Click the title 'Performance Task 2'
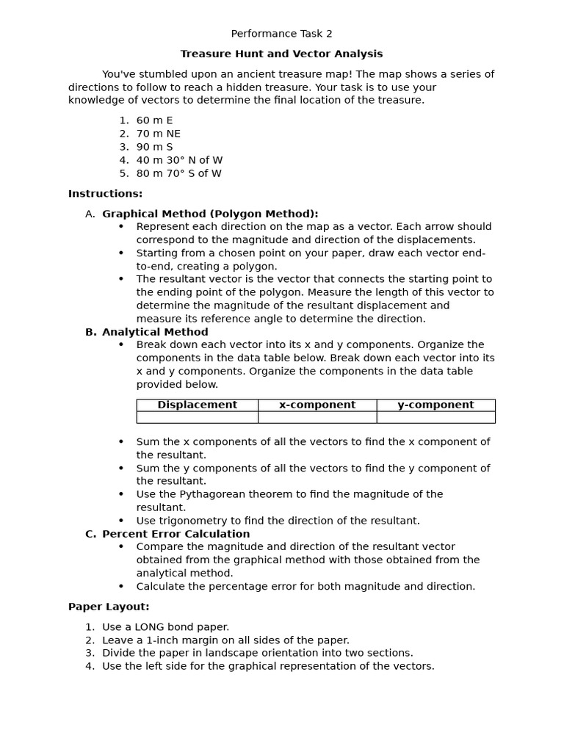click(281, 34)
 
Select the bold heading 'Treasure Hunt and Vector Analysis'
click(281, 54)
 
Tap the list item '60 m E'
click(154, 120)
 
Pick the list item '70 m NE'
click(158, 134)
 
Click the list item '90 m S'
click(154, 147)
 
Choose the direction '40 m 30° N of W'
click(179, 160)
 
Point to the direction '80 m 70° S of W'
click(178, 173)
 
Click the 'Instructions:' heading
click(105, 194)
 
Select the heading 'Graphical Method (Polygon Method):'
click(210, 214)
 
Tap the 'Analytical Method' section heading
click(155, 332)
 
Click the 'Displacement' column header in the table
click(197, 405)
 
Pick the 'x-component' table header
click(317, 405)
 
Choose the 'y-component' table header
click(435, 405)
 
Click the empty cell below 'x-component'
click(317, 417)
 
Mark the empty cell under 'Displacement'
click(197, 417)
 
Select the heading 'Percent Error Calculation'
click(176, 534)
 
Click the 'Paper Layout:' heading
click(109, 607)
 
